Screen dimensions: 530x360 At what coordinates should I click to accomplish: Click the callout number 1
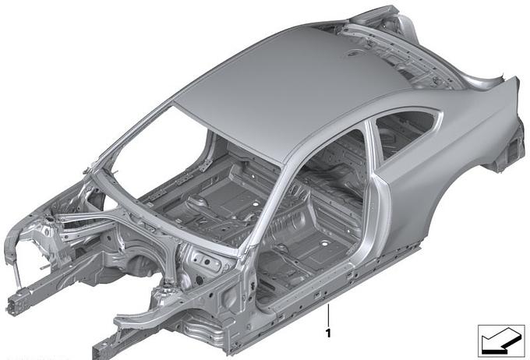[327, 334]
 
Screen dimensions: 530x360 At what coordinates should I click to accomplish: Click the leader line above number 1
[327, 316]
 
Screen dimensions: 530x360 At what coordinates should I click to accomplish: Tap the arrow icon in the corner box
[500, 341]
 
